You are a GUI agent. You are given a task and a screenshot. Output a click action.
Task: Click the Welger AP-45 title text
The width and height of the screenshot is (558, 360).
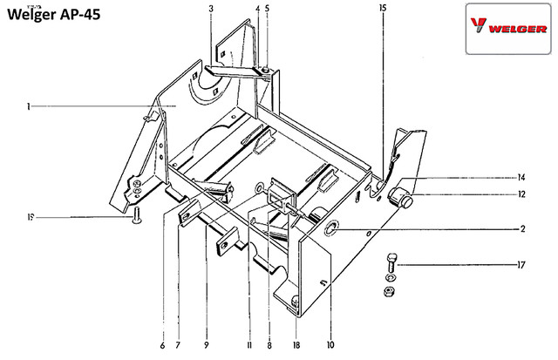point(54,15)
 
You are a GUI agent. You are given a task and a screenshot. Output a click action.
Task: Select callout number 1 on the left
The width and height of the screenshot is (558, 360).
point(28,106)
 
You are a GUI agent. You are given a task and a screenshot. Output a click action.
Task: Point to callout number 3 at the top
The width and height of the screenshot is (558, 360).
point(211,8)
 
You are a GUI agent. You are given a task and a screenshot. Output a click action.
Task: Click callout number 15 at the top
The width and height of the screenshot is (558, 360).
point(383,8)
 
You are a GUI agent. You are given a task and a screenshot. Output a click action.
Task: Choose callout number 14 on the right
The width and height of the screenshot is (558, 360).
point(521,177)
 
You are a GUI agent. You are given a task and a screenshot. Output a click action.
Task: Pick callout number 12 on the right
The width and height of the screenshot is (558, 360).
point(521,194)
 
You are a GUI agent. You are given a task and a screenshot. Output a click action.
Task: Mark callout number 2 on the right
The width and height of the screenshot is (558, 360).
point(523,228)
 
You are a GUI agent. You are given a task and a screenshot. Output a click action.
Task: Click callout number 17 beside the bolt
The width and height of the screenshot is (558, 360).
point(521,265)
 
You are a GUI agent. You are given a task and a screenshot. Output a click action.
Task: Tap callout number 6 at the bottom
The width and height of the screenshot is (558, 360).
point(163,345)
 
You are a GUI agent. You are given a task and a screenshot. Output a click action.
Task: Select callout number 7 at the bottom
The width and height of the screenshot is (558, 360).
point(178,345)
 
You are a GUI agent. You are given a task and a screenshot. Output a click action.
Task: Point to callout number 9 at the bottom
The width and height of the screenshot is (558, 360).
point(207,345)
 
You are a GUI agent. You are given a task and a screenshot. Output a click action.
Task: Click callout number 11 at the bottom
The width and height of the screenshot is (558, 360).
point(249,345)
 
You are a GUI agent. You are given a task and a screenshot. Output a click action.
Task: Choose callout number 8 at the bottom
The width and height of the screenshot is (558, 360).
point(269,345)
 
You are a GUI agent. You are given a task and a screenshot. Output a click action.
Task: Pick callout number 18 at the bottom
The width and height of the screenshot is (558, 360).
point(296,345)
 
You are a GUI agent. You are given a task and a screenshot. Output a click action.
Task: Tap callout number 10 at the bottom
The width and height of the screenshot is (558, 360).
point(330,344)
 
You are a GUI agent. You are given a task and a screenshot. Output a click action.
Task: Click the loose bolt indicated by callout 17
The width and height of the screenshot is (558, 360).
point(391,262)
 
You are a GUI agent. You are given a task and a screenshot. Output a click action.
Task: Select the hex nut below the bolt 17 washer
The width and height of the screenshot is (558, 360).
point(390,291)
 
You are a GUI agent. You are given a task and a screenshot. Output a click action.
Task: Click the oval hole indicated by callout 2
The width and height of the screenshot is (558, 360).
point(331,228)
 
